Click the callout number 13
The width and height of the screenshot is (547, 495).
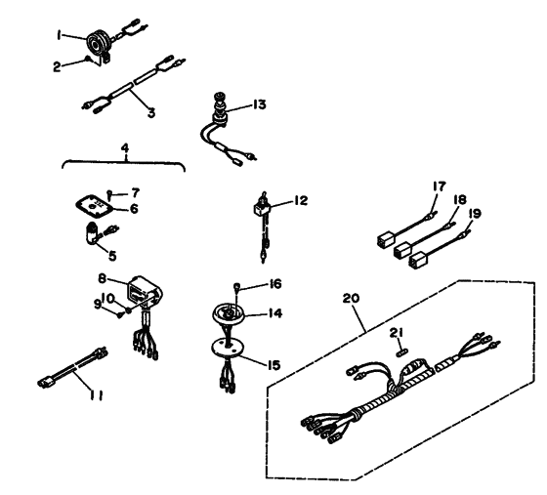tap(259, 104)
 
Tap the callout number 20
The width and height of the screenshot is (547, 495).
tap(351, 299)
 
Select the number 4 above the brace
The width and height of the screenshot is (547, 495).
tap(125, 148)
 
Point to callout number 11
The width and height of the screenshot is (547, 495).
tap(96, 395)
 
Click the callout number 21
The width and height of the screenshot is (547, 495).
tap(396, 333)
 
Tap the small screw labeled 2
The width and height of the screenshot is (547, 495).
tap(88, 59)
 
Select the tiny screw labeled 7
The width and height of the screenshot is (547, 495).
tap(109, 194)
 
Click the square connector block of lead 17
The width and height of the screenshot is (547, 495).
tap(386, 239)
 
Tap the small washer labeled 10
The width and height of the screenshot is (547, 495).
tap(129, 309)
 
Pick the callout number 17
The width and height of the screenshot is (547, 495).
tap(439, 186)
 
